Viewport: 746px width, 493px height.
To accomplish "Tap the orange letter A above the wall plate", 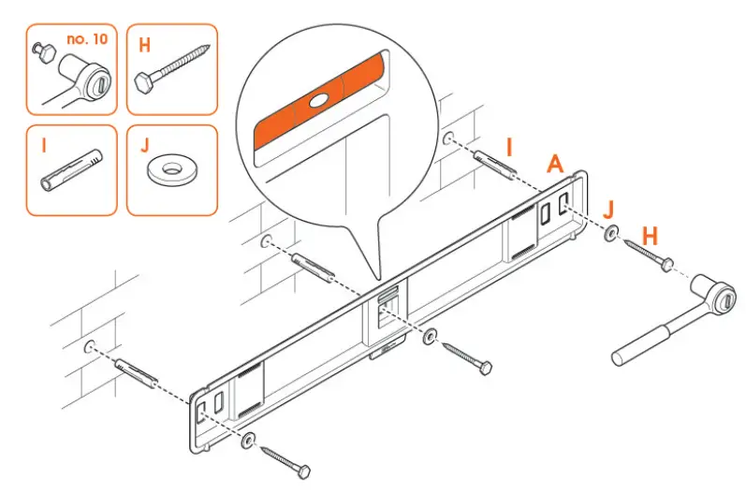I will pyautogui.click(x=555, y=165).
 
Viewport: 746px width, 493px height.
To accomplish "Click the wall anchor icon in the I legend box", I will pyautogui.click(x=71, y=175).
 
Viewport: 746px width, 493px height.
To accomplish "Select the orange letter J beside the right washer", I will pyautogui.click(x=609, y=208).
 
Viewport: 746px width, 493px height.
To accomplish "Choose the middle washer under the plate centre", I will pyautogui.click(x=430, y=336).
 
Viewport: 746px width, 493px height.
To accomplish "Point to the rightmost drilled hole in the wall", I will pyautogui.click(x=450, y=138).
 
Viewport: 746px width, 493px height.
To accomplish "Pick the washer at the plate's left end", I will pyautogui.click(x=248, y=439).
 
